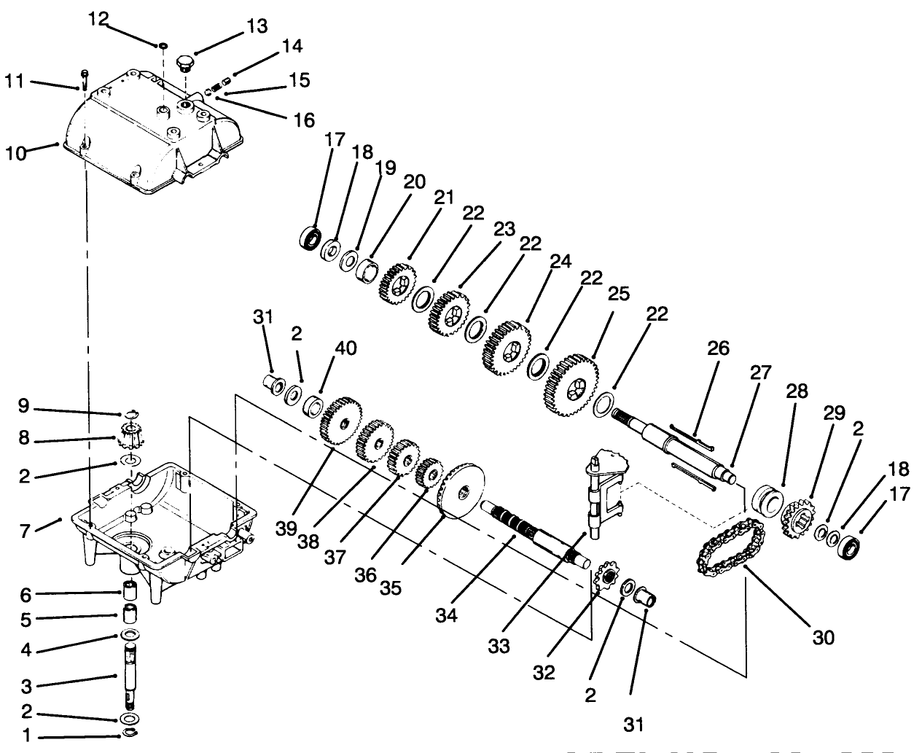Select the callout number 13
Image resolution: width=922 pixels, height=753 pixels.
257,27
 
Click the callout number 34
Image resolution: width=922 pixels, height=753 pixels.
447,616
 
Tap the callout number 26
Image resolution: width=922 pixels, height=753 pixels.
717,349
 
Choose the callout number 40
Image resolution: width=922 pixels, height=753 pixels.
346,348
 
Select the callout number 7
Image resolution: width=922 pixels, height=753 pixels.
24,531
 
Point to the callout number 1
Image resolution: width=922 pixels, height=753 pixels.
24,737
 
